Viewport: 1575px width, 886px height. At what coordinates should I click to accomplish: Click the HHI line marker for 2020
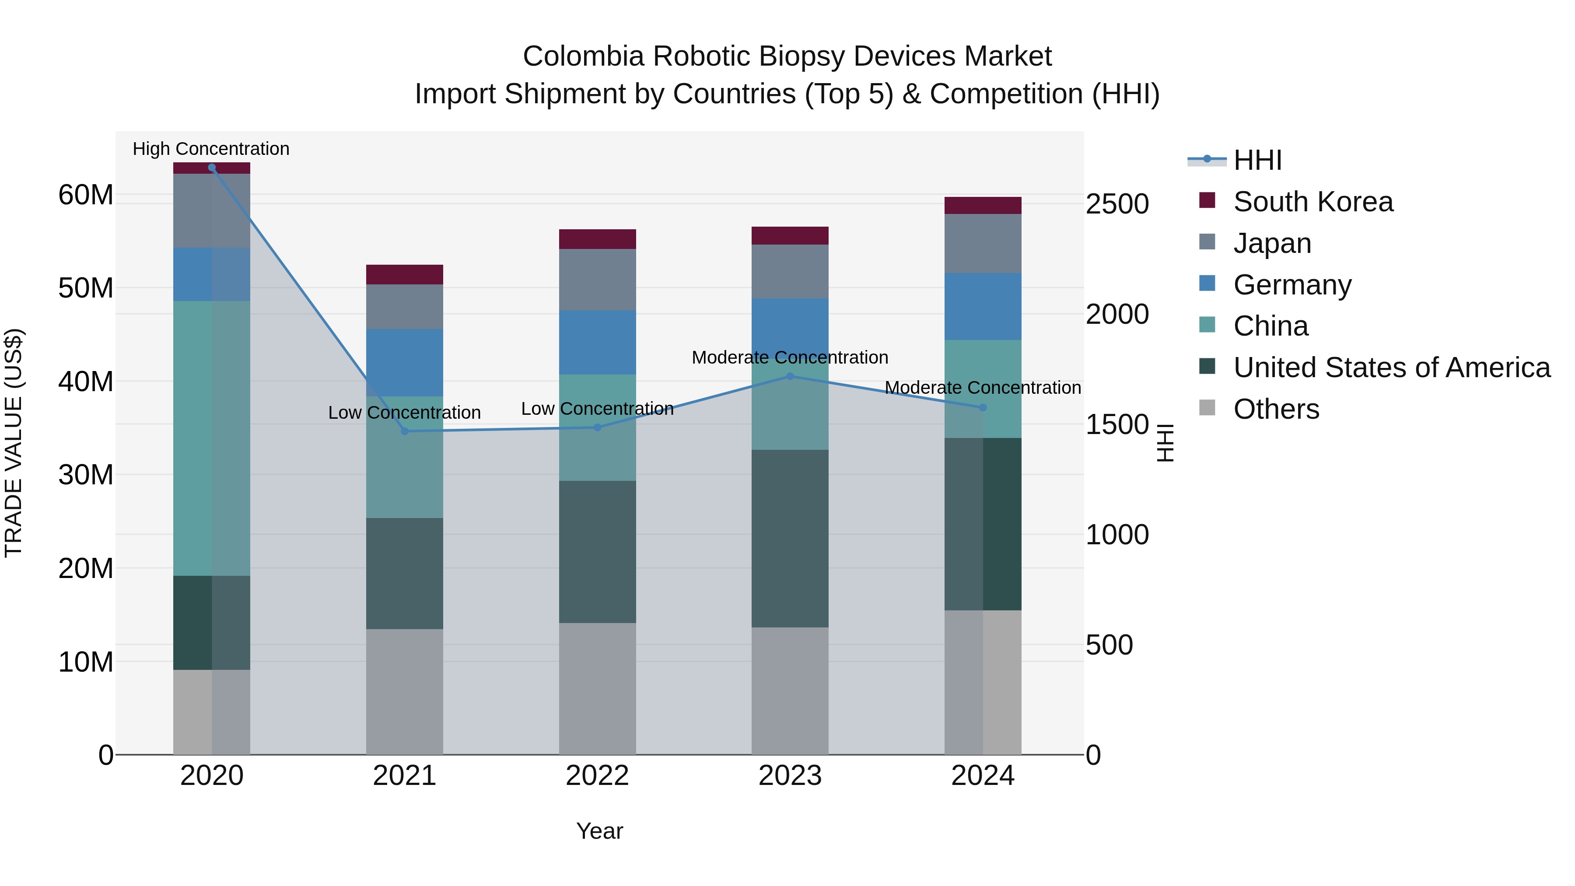(x=212, y=168)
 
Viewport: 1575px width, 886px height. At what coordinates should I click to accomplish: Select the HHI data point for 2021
(x=404, y=431)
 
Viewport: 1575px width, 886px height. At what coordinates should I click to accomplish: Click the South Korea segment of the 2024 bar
(x=983, y=206)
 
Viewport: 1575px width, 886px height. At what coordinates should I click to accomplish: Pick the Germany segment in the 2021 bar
(x=404, y=363)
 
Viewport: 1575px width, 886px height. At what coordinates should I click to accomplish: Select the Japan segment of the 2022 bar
(x=597, y=280)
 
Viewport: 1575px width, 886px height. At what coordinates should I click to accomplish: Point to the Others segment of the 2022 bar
(x=597, y=688)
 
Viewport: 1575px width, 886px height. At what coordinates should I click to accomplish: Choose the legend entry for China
(x=1270, y=326)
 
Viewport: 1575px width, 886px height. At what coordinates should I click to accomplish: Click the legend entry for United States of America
(x=1391, y=368)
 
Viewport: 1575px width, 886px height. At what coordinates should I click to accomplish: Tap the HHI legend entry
(x=1256, y=160)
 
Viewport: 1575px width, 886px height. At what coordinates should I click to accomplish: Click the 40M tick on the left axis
(x=86, y=382)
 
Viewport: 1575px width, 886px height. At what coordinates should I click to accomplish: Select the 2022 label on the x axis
(x=597, y=776)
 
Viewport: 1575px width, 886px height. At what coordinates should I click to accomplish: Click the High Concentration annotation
(x=211, y=149)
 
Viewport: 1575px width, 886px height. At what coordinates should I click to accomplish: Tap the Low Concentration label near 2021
(x=404, y=413)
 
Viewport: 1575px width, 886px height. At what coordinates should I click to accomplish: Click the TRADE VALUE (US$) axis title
(x=14, y=443)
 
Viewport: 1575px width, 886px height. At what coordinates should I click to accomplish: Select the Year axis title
(x=599, y=831)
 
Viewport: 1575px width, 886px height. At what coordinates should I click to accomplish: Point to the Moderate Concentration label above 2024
(x=983, y=388)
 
